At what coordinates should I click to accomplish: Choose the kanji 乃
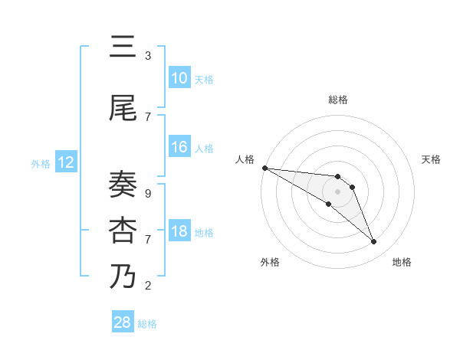tap(123, 277)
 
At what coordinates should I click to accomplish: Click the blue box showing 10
tap(179, 78)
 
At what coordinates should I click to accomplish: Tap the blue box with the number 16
tap(179, 147)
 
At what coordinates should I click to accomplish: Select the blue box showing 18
tap(179, 231)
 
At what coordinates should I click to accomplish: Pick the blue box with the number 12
tap(65, 162)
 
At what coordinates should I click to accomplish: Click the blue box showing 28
tap(123, 322)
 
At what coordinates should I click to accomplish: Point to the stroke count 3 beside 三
tap(148, 56)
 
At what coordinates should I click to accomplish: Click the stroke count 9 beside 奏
tap(148, 194)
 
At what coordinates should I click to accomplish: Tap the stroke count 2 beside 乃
tap(148, 286)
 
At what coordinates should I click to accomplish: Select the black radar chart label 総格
tap(338, 100)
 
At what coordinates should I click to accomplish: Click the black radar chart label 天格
tap(431, 159)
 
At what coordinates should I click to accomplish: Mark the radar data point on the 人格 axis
tap(264, 167)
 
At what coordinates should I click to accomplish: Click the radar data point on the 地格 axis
tap(373, 242)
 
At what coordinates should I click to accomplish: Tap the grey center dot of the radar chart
tap(338, 191)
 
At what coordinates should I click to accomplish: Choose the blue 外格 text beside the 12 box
tap(40, 163)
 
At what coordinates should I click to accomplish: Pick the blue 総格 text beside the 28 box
tap(147, 324)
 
